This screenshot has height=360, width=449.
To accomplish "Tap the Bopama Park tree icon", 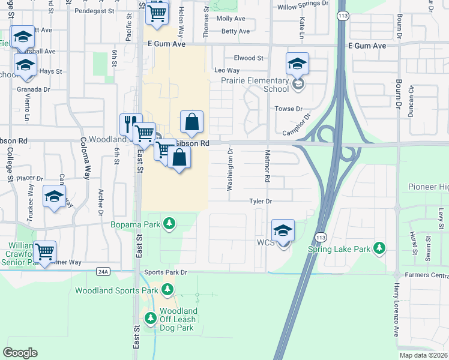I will (x=170, y=224).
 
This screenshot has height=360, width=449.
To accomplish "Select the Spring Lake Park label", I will (x=339, y=248).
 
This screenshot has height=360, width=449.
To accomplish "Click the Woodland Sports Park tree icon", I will (x=169, y=290).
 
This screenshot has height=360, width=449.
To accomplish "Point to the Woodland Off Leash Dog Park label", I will (x=178, y=319).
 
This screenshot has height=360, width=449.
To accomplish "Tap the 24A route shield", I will (x=103, y=272).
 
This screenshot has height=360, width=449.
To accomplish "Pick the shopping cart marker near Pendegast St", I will (x=157, y=11).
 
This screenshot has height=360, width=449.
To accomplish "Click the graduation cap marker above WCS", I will (x=283, y=230).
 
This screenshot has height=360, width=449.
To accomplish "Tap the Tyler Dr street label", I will (x=261, y=202).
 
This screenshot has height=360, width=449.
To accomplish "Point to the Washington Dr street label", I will (x=230, y=170).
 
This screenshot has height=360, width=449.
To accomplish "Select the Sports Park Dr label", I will (x=166, y=272).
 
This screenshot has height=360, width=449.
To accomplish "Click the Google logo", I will (x=20, y=353).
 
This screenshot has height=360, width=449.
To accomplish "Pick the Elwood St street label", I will (x=249, y=58).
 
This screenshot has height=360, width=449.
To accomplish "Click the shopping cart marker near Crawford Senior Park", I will (x=45, y=251).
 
